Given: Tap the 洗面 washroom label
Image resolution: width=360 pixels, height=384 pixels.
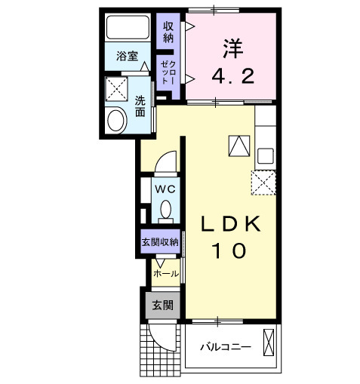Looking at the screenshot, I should (140, 106).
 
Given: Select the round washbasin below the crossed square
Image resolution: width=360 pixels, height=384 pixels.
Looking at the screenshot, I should (116, 120).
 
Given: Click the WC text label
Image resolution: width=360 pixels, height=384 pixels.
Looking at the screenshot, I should (165, 189).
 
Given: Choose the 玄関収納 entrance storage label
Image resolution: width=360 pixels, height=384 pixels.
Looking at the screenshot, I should (160, 242).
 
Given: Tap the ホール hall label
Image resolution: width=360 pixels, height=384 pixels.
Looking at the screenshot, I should (166, 273).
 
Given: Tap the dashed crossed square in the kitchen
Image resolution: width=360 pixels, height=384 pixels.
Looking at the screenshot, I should (265, 183).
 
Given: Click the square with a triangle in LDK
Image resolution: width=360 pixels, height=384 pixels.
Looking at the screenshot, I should (238, 145).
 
